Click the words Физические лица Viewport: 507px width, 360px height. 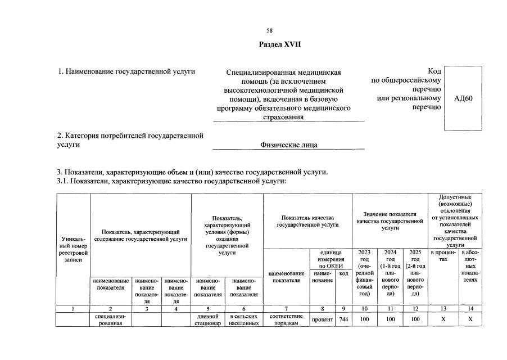pos(288,145)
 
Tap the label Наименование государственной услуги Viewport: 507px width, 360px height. pos(126,71)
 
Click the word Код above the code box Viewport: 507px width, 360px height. pos(433,71)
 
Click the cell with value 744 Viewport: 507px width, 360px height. pos(344,319)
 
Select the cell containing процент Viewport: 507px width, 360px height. pos(323,319)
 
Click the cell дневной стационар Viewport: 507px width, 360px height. pos(207,319)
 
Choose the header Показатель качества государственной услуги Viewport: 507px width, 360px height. pos(307,221)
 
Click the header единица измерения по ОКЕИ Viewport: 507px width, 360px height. pos(331,258)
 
